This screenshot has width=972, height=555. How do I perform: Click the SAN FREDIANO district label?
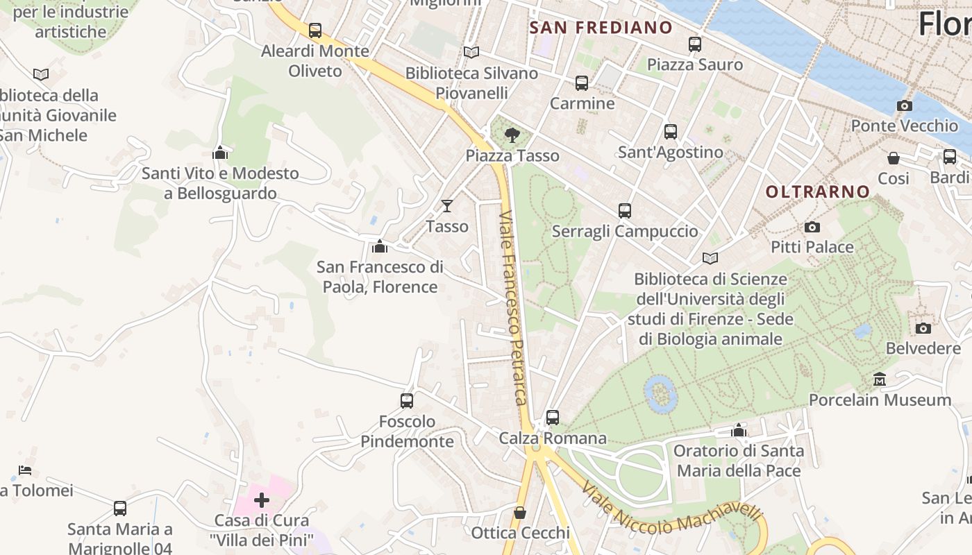tap(601, 28)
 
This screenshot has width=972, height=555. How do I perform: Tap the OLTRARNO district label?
tap(817, 191)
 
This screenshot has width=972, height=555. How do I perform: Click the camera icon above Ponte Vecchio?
tap(904, 106)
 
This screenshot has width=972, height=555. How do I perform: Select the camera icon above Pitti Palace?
tap(812, 228)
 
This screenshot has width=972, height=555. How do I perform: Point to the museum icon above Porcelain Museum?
tap(880, 379)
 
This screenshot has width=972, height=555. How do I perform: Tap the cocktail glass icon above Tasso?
tap(447, 206)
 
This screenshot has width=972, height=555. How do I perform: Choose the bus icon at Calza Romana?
tap(553, 418)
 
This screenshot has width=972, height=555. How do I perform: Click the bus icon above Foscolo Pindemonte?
tap(407, 401)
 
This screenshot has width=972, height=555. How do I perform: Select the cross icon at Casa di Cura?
tap(262, 499)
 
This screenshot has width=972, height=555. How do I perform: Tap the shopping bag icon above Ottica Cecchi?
tap(520, 513)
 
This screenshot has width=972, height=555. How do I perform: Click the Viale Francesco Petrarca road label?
tap(514, 308)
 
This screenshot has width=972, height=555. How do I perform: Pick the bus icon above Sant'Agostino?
tap(671, 132)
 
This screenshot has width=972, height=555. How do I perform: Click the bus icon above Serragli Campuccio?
tap(625, 211)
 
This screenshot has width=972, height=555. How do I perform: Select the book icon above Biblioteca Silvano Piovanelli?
tap(471, 53)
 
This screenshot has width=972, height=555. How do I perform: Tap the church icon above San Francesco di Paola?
tap(380, 246)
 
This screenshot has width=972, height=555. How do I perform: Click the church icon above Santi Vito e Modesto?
tap(220, 153)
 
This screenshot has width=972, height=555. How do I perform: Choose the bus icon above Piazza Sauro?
tap(695, 44)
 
